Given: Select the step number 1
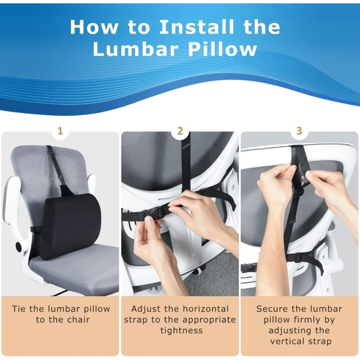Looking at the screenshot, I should (60, 131).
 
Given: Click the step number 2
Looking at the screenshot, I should (180, 131).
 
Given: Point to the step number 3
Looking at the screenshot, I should (299, 131).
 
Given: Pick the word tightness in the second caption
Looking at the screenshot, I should (180, 330).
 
